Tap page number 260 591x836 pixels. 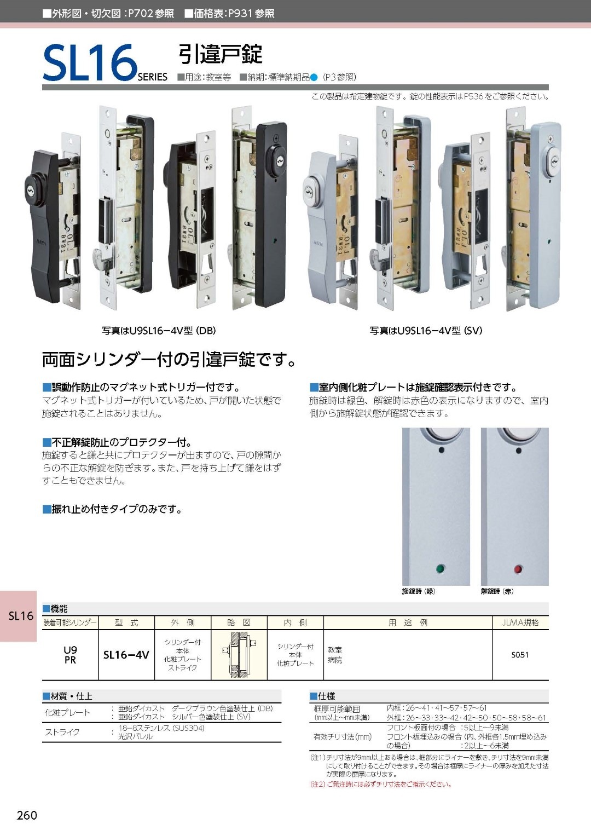coord(27,815)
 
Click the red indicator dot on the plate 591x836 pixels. coord(518,569)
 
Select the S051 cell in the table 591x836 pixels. coord(520,655)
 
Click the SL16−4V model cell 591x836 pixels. coord(126,655)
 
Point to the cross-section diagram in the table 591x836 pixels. coord(239,655)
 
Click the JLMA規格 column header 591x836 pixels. coord(520,622)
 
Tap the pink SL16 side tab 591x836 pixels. coord(21,616)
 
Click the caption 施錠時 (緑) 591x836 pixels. coord(419,591)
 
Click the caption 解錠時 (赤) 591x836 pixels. coord(497,591)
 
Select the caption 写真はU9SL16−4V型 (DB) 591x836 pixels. coord(159,331)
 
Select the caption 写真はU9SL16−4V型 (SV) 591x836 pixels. coord(426,331)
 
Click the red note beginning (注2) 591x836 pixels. coord(381,784)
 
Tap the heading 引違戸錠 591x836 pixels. coord(220,54)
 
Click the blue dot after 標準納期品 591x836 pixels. coord(314,77)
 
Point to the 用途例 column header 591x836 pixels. coord(408,622)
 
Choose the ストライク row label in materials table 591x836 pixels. coord(62,732)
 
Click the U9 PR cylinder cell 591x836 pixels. coord(70,655)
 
